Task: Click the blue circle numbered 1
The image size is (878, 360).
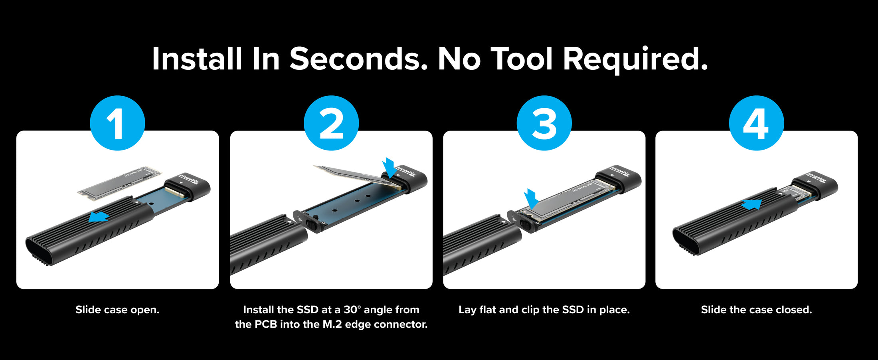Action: (x=117, y=123)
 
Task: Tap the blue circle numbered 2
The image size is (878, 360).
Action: (x=331, y=123)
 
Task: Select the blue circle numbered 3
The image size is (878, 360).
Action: (x=544, y=123)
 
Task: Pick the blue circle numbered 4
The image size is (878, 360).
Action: (x=756, y=123)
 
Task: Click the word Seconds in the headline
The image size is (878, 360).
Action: (x=358, y=59)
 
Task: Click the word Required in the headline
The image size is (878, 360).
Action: (x=635, y=59)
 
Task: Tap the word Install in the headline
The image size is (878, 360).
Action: (x=197, y=59)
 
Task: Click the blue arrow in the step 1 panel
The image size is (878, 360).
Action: (x=99, y=216)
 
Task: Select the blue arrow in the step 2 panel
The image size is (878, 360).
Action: (x=389, y=167)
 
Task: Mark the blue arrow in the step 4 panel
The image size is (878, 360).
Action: (x=751, y=205)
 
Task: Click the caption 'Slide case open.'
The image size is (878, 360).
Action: (x=117, y=310)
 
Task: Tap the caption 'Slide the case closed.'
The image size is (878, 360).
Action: (x=756, y=310)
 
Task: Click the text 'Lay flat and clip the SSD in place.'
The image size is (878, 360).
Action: (x=544, y=310)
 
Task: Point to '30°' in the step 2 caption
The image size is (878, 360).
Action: (x=352, y=310)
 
